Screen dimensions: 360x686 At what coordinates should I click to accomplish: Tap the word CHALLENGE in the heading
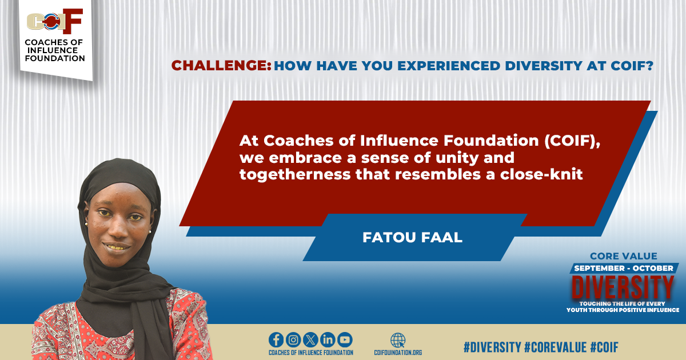pos(221,66)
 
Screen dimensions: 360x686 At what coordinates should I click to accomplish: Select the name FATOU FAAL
pos(412,237)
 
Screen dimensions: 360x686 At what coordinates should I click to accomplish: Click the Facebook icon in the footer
pos(276,339)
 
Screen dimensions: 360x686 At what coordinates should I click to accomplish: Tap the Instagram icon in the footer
pos(293,339)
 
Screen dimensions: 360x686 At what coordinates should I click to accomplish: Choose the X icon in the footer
pos(310,339)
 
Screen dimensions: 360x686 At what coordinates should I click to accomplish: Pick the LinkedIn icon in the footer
pos(328,339)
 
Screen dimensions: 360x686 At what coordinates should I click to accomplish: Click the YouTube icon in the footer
pos(345,339)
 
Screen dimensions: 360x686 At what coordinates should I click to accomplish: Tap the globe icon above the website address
pos(398,339)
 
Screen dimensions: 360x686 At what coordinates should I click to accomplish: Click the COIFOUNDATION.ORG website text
pos(398,353)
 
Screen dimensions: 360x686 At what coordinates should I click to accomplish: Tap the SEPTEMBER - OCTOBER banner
pos(623,268)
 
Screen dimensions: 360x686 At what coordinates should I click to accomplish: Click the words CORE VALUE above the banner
pos(623,256)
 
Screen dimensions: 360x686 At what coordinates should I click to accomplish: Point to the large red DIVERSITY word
pos(623,286)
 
